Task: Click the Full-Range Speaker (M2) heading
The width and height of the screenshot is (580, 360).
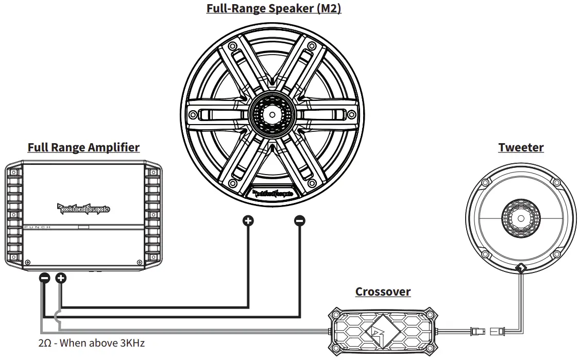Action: click(274, 9)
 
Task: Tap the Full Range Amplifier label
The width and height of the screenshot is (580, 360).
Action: click(83, 148)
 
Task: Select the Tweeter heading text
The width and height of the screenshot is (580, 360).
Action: click(521, 148)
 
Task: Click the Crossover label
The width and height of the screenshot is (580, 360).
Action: click(383, 292)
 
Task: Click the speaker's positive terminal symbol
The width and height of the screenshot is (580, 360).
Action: click(248, 221)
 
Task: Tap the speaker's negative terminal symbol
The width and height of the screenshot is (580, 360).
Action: click(299, 221)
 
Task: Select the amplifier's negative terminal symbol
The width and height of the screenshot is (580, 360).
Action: click(45, 279)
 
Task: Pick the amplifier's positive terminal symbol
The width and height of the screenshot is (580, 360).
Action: click(61, 279)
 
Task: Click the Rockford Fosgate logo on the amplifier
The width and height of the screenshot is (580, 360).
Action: click(83, 208)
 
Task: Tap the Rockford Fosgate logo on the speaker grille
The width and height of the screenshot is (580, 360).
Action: click(273, 194)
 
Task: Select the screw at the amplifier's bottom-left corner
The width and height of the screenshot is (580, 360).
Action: click(28, 262)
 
